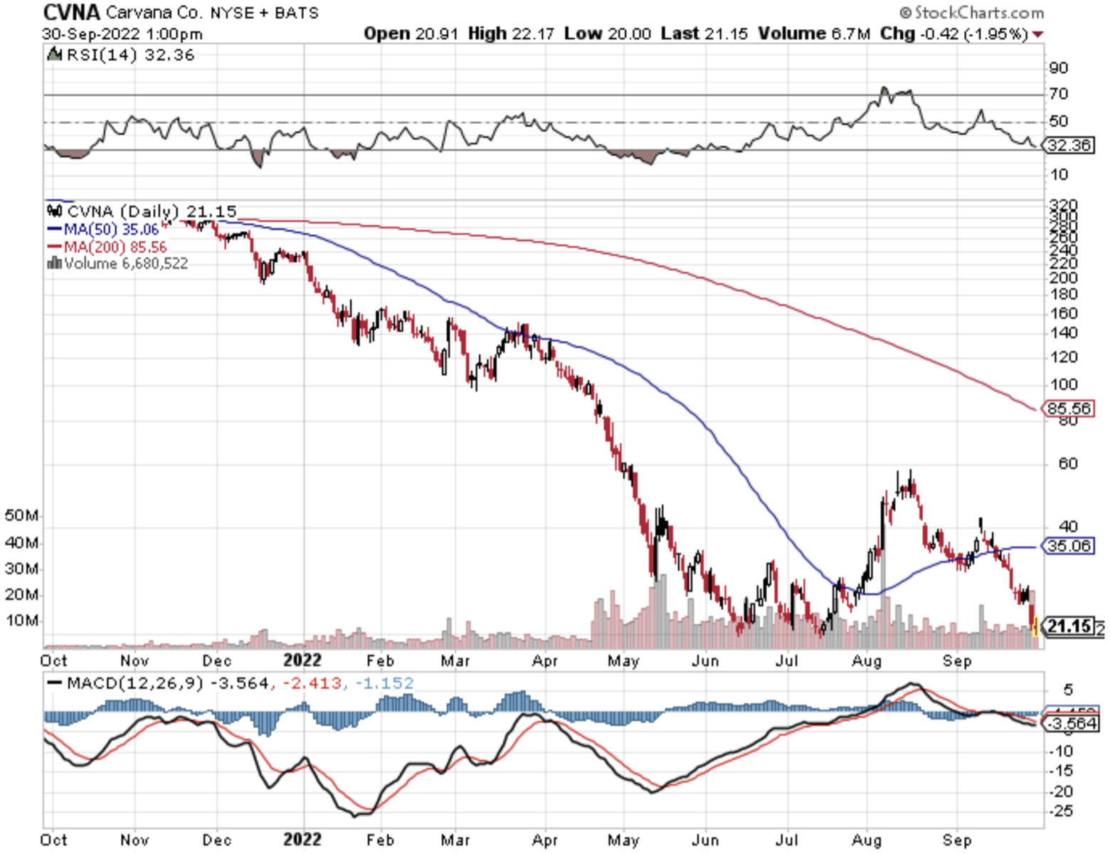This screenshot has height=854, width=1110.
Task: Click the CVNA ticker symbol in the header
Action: (x=72, y=12)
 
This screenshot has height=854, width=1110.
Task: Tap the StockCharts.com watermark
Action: (x=972, y=12)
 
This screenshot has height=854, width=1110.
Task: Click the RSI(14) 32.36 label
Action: (x=129, y=55)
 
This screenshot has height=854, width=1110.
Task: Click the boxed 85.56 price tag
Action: (x=1068, y=408)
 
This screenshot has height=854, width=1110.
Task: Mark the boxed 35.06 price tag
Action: (x=1068, y=546)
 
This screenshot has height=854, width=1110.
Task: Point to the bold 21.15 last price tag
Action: (x=1069, y=626)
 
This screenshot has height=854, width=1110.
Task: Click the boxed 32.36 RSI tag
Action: (x=1069, y=145)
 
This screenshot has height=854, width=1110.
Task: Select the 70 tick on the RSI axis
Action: (x=1058, y=94)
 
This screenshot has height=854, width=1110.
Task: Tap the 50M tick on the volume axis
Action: (x=21, y=515)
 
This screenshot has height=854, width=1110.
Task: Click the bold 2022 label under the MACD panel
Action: (x=302, y=839)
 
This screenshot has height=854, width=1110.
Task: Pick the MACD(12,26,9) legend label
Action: (x=135, y=683)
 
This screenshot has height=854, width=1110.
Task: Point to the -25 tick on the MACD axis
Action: (x=1060, y=811)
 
